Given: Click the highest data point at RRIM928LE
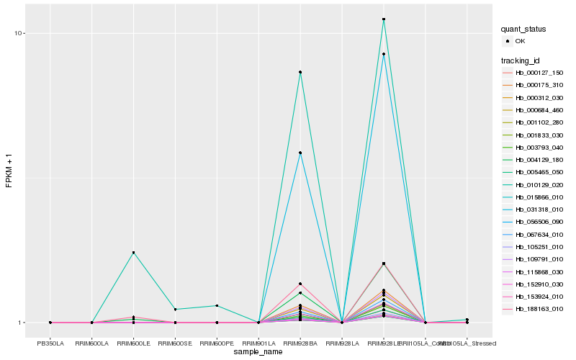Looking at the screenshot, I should tap(384, 19).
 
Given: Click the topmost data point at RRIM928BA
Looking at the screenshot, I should tap(300, 72).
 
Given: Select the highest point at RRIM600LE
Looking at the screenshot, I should tap(133, 253).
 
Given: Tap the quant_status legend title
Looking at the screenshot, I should tap(523, 29).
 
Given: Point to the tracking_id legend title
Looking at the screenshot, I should tap(521, 60).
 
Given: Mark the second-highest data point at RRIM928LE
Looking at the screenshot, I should tap(384, 54).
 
